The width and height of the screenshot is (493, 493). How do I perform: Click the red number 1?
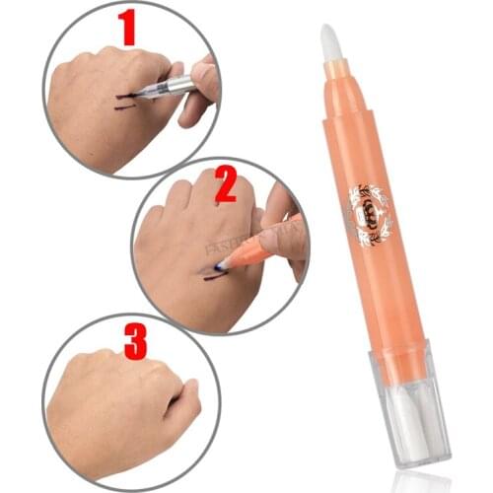pos(126,30)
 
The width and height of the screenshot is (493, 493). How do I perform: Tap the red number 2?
pos(226,183)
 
